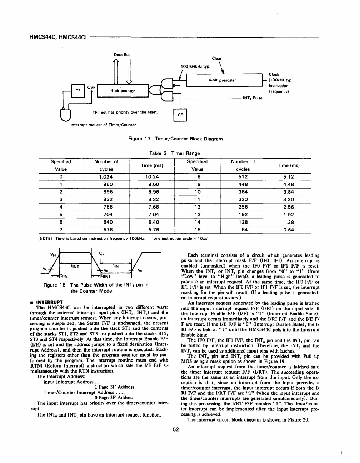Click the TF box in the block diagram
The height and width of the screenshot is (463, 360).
78,91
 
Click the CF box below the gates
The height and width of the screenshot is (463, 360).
180,115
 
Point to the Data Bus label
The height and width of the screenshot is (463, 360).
122,55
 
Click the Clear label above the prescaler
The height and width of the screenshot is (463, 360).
216,58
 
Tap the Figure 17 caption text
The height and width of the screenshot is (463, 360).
175,139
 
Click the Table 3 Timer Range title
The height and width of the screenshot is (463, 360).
175,153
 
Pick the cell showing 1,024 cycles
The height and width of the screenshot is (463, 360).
106,177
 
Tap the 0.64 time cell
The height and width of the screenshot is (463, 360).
288,230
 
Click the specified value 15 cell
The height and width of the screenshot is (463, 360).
197,230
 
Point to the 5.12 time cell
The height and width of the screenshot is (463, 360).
288,177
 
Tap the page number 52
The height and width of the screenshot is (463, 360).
175,430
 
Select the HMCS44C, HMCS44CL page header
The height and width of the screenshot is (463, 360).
59,37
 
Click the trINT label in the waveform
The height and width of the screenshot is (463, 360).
67,275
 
